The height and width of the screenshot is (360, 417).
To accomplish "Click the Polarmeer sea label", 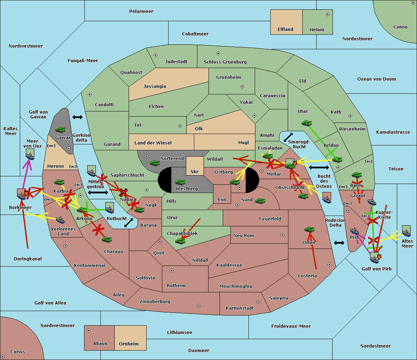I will click(141, 11).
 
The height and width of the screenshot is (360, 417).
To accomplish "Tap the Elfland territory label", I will click(285, 30).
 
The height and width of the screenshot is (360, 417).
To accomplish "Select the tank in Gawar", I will click(60, 130).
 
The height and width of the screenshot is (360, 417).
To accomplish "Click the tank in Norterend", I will click(155, 163).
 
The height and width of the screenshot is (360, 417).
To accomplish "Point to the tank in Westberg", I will click(180, 182).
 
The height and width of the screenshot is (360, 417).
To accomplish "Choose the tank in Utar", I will click(306, 123).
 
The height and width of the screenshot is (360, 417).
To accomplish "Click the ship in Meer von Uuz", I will click(30, 156).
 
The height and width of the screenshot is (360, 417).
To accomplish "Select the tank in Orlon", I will click(309, 229).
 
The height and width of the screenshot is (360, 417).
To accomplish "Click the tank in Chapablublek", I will click(180, 241).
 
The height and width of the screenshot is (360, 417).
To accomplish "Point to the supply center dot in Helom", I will click(327, 14).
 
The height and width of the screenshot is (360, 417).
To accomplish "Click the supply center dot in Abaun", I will click(89, 330).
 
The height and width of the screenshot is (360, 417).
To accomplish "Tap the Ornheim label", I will click(129, 344).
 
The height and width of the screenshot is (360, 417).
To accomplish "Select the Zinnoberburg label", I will click(155, 302).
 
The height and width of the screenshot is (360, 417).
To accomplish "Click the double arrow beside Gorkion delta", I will click(77, 117).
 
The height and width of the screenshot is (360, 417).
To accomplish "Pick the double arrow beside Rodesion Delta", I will click(339, 243).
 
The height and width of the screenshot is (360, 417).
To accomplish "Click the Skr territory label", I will click(195, 171).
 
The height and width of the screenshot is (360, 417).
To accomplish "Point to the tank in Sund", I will click(260, 201).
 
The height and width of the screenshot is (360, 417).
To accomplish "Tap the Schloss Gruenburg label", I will click(225, 62).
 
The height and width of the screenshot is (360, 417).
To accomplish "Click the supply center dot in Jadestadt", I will click(156, 55).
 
